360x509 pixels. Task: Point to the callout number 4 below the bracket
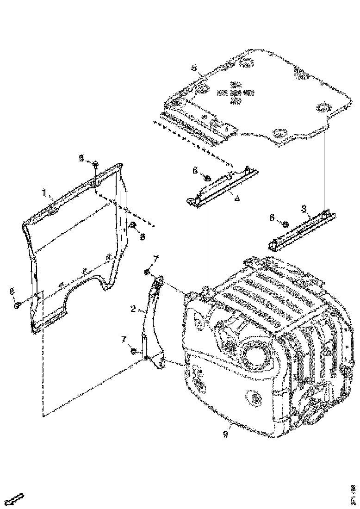tap(236, 199)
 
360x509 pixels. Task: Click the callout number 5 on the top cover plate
tap(194, 68)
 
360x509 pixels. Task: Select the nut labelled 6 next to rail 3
tap(286, 225)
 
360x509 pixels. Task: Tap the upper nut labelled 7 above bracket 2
tap(147, 272)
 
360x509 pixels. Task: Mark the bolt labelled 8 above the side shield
tap(95, 163)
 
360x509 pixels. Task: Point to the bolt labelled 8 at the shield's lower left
tap(17, 305)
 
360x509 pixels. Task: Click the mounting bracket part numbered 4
tap(222, 187)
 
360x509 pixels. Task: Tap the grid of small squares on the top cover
tap(236, 93)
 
